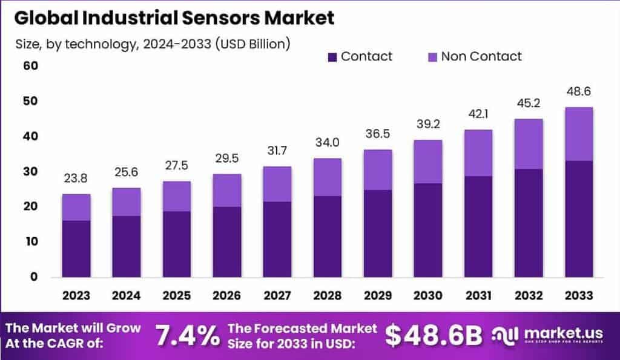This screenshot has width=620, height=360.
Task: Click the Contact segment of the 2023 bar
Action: (x=76, y=249)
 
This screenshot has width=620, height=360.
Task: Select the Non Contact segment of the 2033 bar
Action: (x=578, y=134)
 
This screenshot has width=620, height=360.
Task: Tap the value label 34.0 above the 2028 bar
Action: (x=327, y=143)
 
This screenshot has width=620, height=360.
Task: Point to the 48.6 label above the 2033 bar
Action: (x=578, y=92)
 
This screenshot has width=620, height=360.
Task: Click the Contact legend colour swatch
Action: (x=332, y=57)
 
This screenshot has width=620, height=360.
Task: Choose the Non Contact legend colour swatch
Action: (x=432, y=57)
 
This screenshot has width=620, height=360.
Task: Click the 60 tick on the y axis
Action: (x=31, y=65)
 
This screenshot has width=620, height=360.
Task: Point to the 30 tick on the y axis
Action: (x=31, y=171)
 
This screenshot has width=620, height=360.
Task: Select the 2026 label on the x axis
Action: (x=226, y=295)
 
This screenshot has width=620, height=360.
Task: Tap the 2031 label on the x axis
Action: (x=478, y=295)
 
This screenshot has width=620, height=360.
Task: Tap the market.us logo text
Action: (x=555, y=333)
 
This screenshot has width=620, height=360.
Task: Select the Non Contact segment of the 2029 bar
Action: (x=377, y=169)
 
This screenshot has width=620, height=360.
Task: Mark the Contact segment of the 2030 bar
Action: (x=427, y=230)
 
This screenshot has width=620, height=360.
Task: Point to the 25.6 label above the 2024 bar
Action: (x=126, y=173)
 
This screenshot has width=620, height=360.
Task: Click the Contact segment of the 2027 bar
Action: (x=277, y=239)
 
